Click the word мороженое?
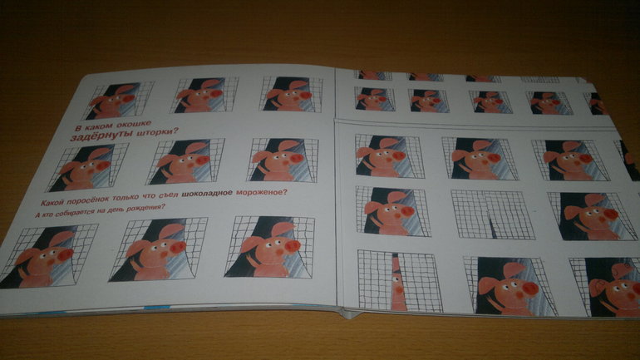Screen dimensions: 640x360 [261, 191]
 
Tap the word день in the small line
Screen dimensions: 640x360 [114, 210]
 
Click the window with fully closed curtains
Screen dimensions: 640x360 [492, 215]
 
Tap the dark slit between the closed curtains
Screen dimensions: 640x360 [493, 226]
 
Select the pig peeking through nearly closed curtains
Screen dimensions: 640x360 [397, 282]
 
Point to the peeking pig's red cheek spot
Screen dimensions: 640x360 [399, 289]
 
